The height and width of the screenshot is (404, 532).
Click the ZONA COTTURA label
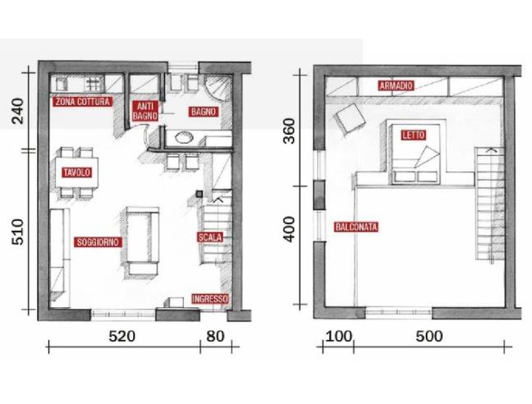82,102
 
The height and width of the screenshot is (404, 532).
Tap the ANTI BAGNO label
144,111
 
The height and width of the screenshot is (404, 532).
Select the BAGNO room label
203,112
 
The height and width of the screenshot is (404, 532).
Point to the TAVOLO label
77,172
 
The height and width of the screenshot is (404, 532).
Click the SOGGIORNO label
98,242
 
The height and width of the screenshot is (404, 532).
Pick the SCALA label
210,237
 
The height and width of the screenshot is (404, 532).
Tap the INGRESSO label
210,299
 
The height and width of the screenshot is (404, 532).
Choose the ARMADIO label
396,85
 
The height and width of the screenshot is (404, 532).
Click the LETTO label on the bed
414,135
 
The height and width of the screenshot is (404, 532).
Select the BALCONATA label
356,227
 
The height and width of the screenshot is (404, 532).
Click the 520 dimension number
122,336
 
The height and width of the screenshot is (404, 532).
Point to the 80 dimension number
215,336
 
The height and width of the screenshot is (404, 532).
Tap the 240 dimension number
17,111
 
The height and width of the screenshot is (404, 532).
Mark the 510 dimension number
17,232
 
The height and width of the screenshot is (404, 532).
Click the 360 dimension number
290,131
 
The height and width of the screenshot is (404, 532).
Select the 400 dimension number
290,230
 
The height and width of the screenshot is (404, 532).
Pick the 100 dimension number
338,336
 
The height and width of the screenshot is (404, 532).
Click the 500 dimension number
429,336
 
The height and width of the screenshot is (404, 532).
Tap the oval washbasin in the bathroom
184,137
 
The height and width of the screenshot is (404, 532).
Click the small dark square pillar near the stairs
199,194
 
